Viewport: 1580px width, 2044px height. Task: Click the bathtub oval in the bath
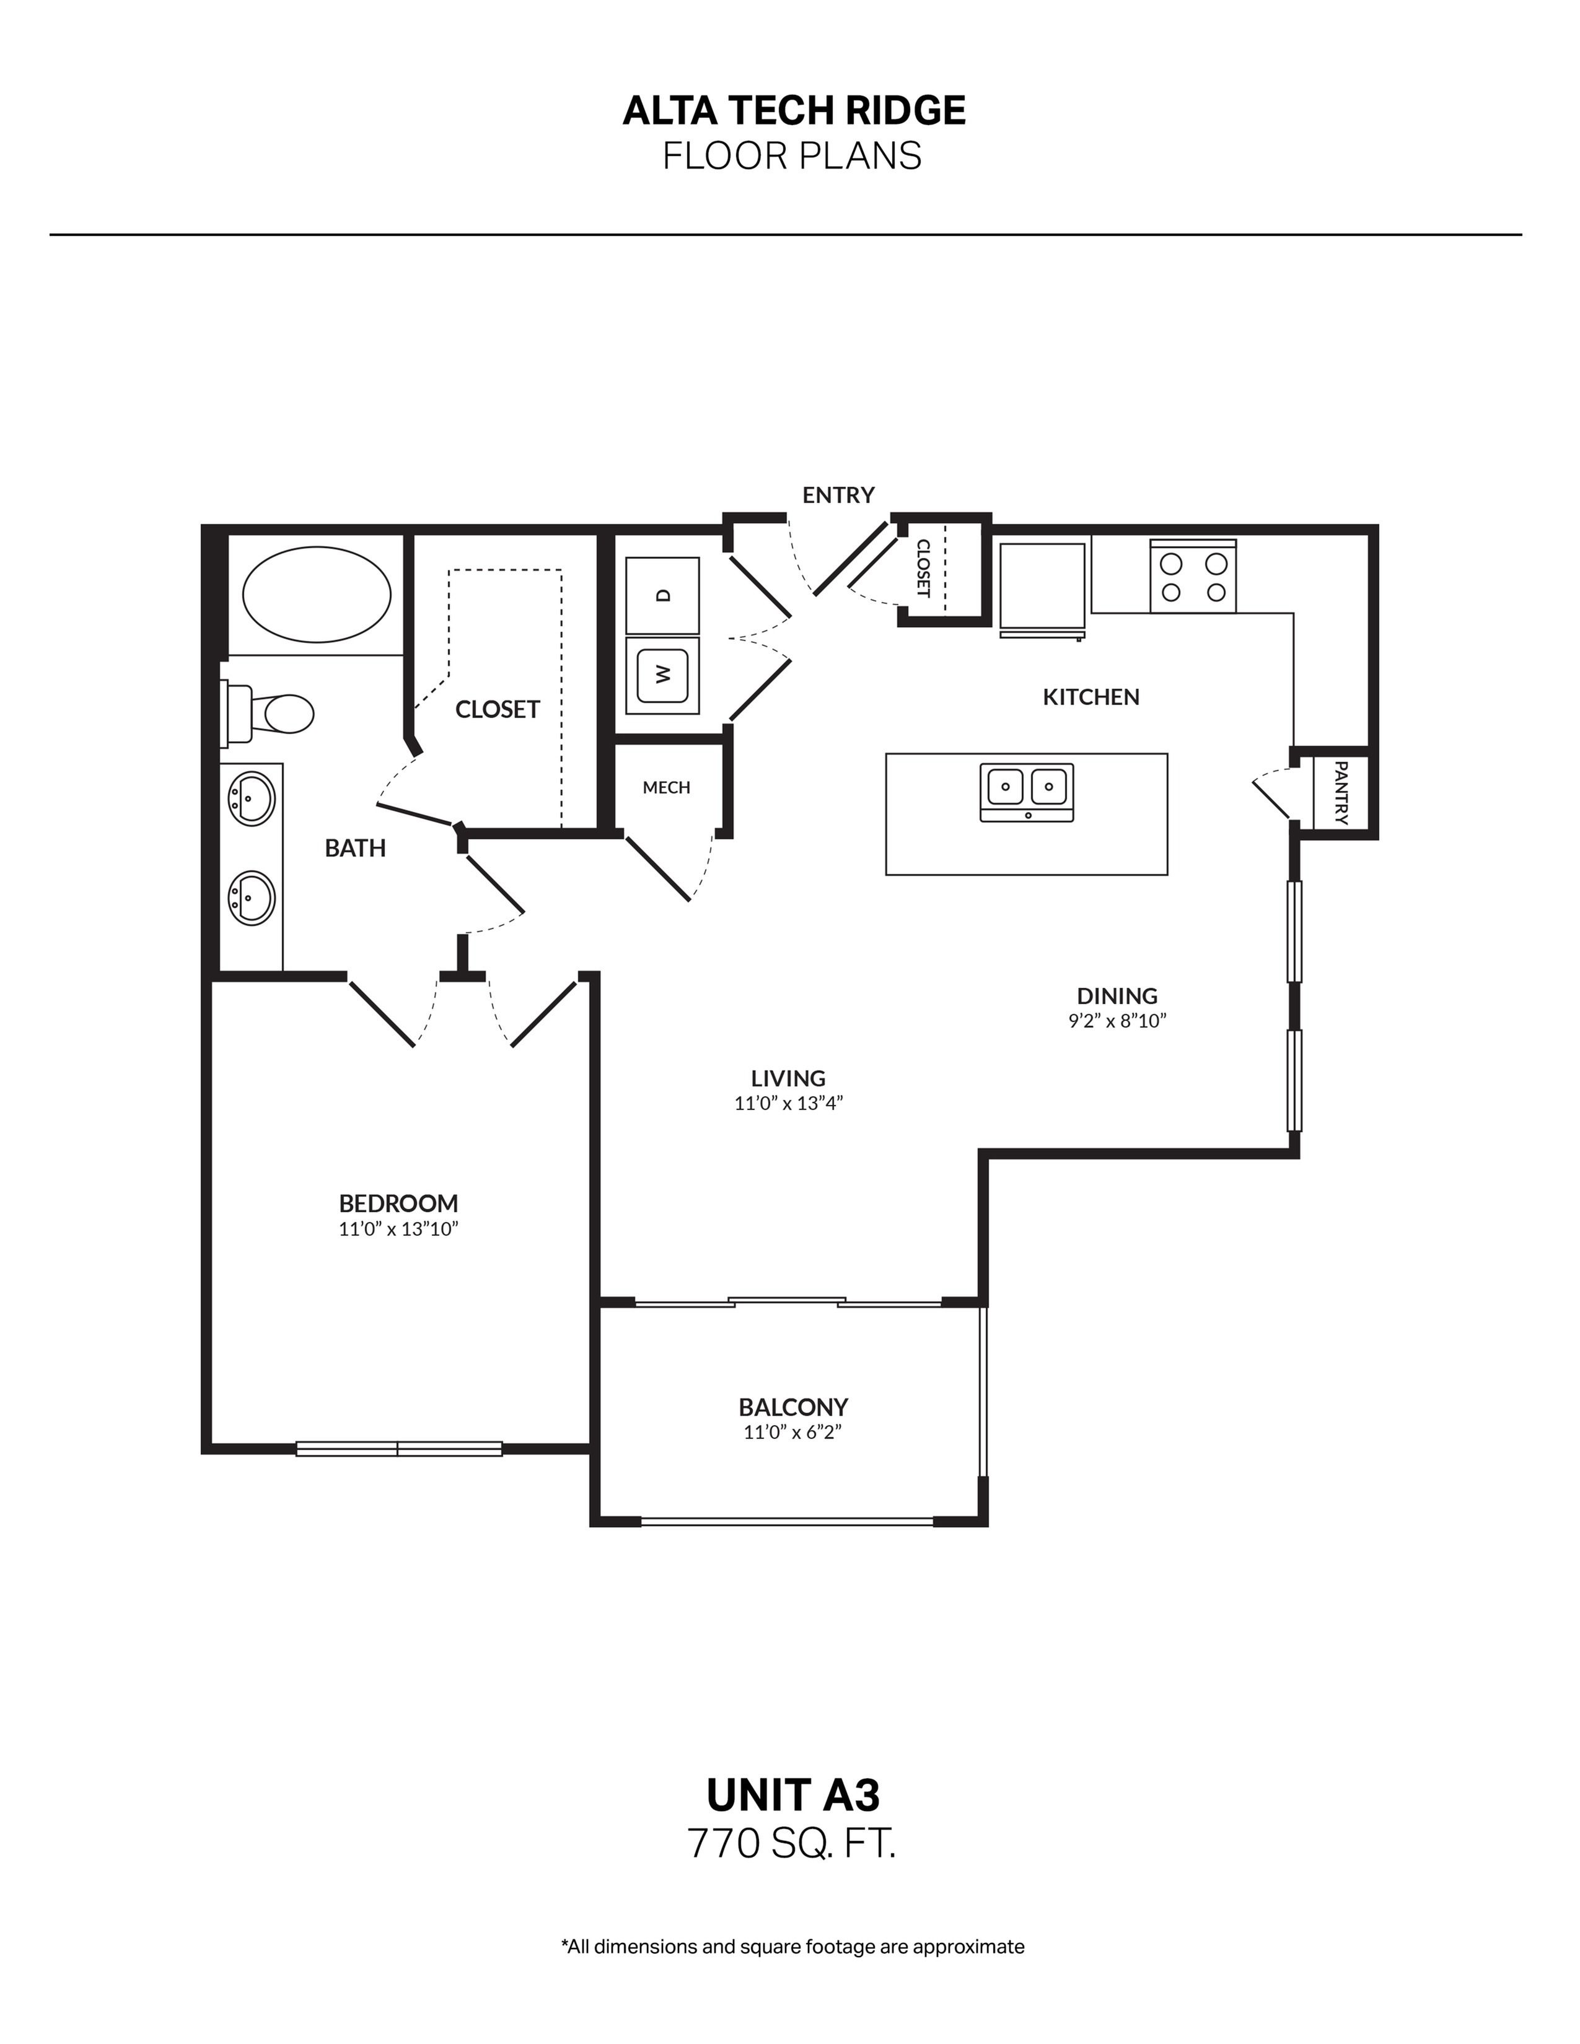(317, 595)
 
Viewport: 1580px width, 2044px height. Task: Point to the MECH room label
(667, 788)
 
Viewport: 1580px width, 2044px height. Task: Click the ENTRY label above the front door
(838, 495)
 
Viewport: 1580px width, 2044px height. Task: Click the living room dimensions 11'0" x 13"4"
(788, 1103)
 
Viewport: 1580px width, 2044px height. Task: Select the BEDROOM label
(398, 1203)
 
